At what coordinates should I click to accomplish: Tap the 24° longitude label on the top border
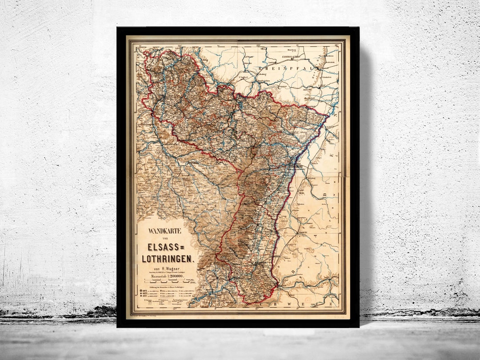[180, 44]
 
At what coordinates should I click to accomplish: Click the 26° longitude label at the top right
[336, 44]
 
